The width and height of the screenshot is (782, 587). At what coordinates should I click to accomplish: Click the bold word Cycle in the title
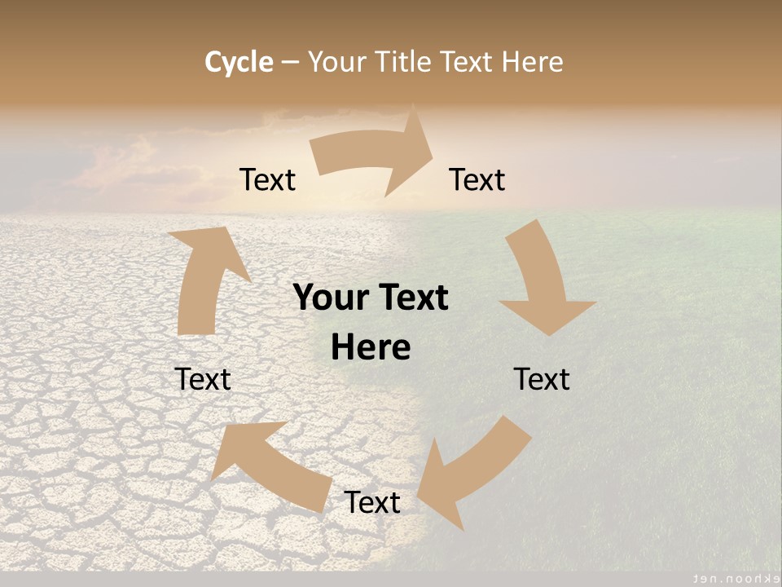click(239, 62)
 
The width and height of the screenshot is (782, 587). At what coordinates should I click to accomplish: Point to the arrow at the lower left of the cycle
click(269, 465)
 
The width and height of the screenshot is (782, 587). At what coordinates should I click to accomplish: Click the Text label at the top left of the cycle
click(267, 179)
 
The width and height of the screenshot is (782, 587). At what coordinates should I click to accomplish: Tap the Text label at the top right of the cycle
click(477, 179)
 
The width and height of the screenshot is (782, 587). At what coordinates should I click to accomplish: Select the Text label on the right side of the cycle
click(542, 379)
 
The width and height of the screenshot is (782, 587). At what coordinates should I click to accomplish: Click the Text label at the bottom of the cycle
click(372, 502)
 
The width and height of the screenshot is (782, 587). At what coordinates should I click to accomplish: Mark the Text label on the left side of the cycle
click(203, 379)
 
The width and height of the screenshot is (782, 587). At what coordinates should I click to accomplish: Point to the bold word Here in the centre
click(371, 348)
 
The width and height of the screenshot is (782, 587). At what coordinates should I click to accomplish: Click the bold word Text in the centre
click(415, 298)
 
